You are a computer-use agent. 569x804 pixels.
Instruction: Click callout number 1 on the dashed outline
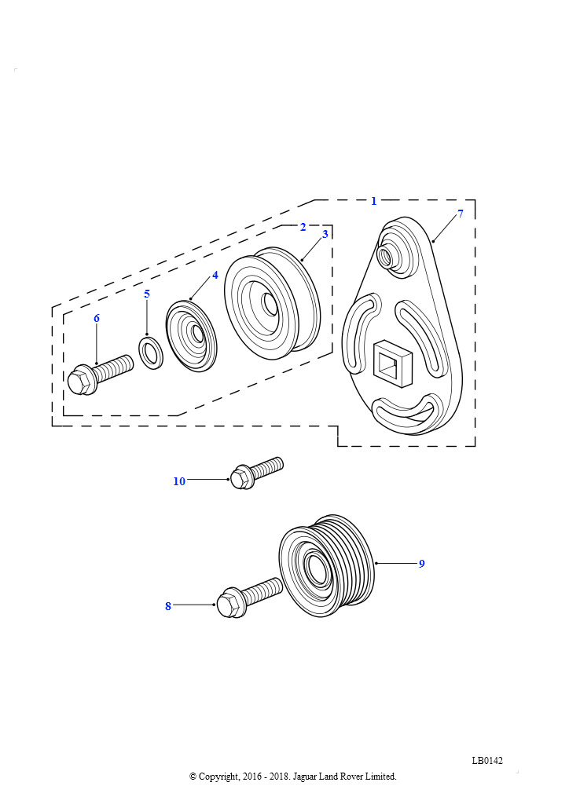(373, 202)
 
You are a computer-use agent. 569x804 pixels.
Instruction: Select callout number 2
(303, 227)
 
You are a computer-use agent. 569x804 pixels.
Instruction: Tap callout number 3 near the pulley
(325, 234)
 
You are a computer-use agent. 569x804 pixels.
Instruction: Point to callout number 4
(215, 276)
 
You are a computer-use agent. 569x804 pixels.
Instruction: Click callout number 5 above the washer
(147, 294)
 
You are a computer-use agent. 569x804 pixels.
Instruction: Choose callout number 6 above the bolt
(97, 319)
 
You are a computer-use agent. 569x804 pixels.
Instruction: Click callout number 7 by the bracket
(461, 214)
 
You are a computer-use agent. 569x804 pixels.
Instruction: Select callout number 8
(167, 606)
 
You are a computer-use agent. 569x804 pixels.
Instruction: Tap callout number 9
(422, 564)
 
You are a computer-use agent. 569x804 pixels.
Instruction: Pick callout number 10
(179, 481)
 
